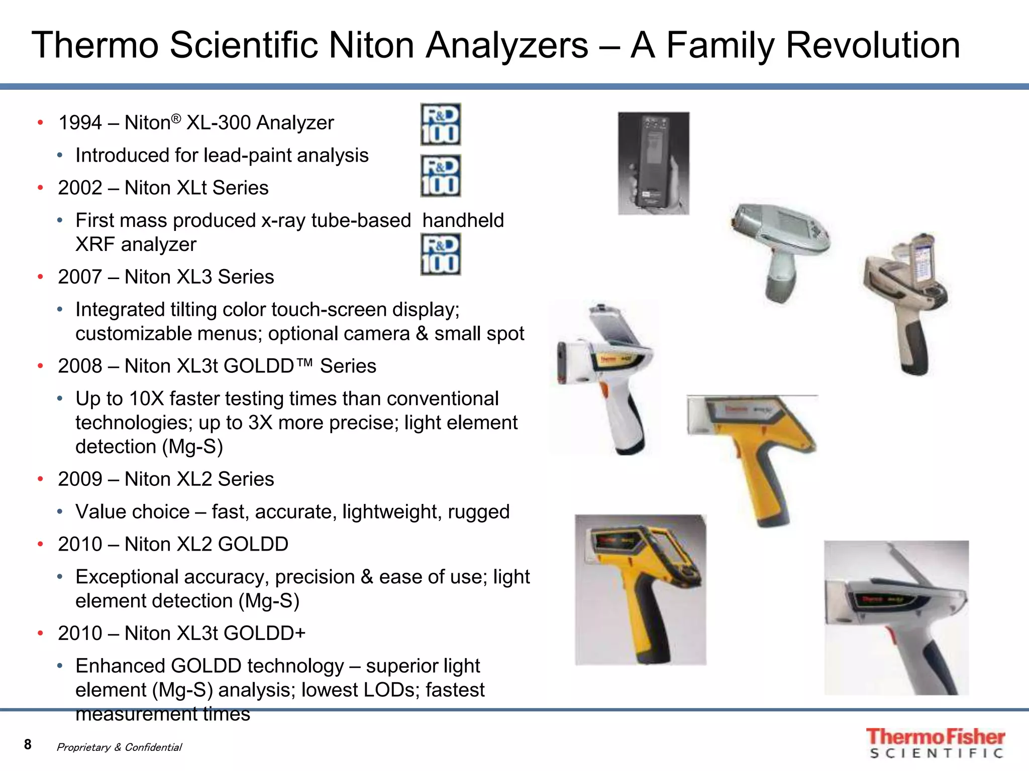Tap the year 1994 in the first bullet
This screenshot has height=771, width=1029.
tap(80, 123)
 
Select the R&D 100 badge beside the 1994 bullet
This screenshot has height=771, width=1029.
tap(440, 124)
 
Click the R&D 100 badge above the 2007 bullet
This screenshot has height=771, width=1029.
tap(440, 255)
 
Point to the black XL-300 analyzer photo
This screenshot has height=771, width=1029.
tap(653, 163)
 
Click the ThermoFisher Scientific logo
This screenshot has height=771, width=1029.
tap(935, 743)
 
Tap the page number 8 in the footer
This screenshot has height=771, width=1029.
tap(28, 744)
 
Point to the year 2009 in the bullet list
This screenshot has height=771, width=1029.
tap(80, 479)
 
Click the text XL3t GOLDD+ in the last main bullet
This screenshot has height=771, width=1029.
tap(241, 633)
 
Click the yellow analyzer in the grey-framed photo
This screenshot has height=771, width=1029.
tap(640, 590)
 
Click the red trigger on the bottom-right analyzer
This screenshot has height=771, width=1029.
tap(890, 636)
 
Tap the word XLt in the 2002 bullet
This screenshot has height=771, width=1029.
tap(192, 188)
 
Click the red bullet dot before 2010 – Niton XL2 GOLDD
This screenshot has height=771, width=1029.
tap(41, 545)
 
